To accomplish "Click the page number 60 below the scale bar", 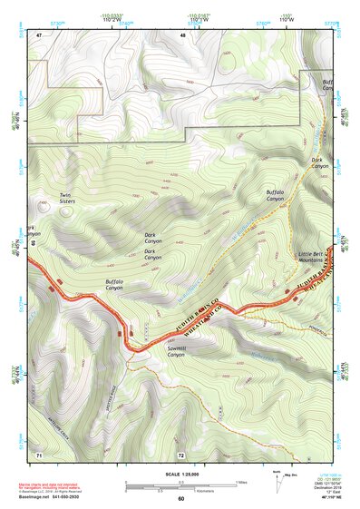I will (180, 498).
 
